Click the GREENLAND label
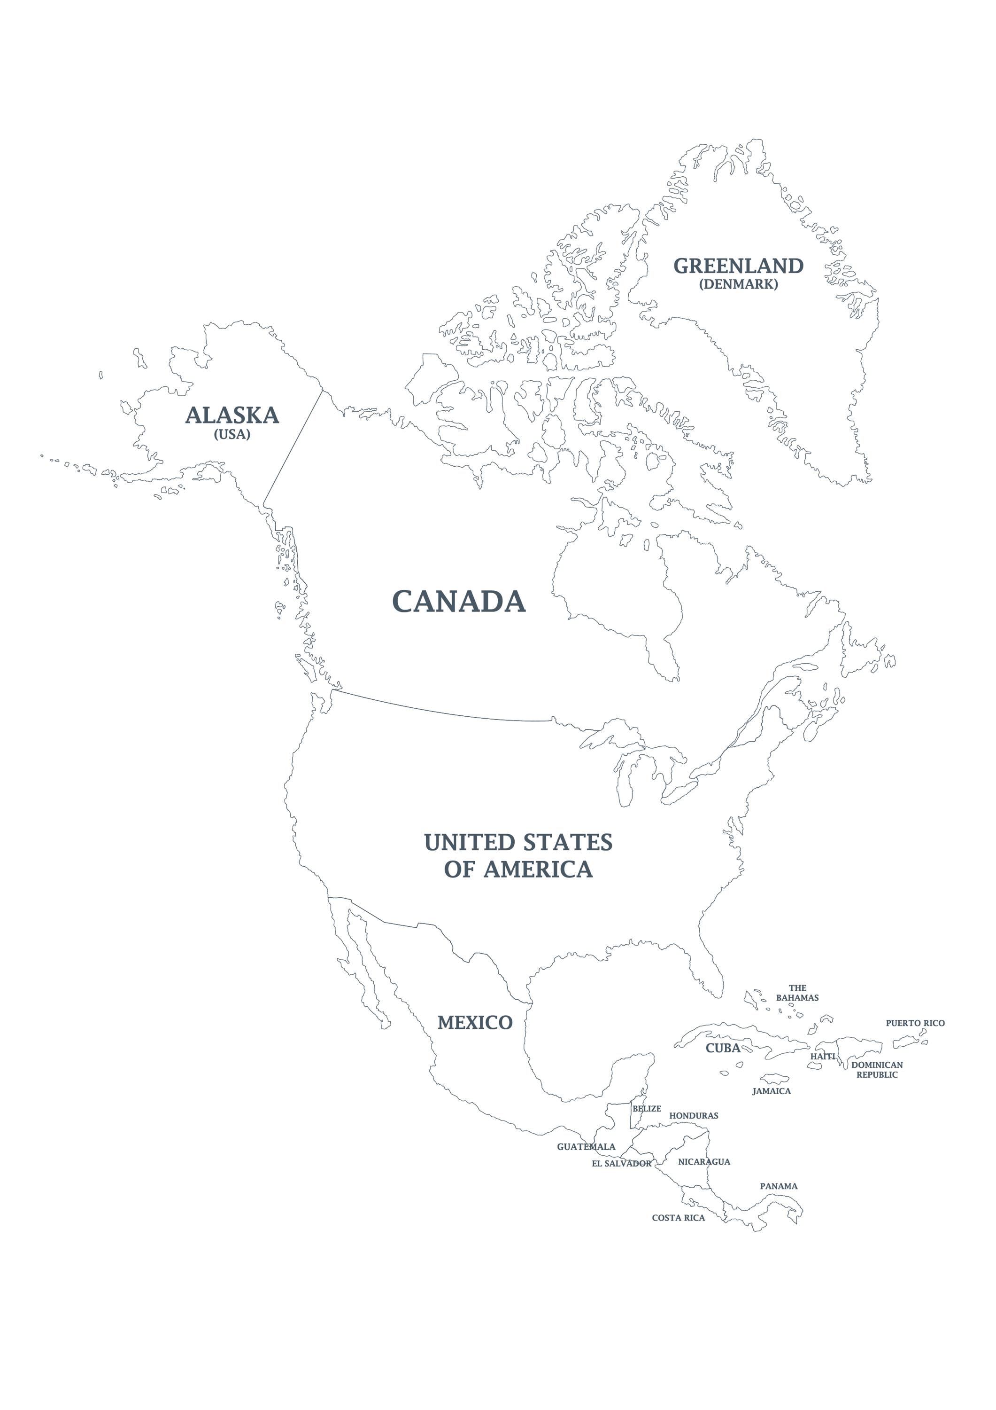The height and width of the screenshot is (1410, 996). coord(738,266)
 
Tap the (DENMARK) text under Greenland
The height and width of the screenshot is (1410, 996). coord(738,284)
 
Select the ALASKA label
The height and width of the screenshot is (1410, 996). coord(232,416)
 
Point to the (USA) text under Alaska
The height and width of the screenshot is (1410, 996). coord(232,434)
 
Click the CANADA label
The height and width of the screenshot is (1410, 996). coord(459,601)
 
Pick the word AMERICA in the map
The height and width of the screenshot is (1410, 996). coord(538,869)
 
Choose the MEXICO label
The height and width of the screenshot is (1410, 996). coord(475,1023)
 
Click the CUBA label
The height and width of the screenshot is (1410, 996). coord(723,1048)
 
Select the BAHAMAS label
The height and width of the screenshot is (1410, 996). coord(797,998)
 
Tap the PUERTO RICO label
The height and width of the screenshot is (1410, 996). coord(915,1023)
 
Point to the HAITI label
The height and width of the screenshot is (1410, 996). coord(822,1056)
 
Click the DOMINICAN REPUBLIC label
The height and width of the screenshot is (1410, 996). coord(877,1070)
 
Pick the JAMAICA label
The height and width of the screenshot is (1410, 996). coord(772,1091)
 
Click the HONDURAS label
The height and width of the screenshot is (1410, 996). coord(694,1116)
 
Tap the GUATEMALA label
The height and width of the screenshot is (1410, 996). coord(586,1146)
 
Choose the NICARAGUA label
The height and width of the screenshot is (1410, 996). coord(704,1162)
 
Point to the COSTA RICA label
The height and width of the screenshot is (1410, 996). coord(678,1218)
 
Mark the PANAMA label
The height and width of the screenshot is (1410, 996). coord(779,1186)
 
